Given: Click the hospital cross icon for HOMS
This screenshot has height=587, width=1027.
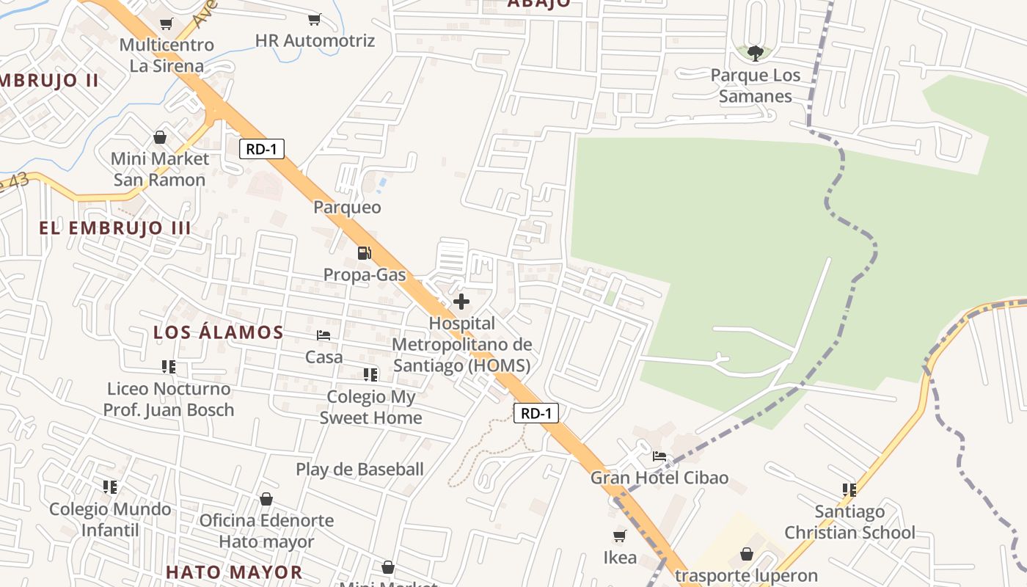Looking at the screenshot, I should click(461, 302).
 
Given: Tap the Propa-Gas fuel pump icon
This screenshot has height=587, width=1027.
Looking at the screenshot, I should click(364, 253).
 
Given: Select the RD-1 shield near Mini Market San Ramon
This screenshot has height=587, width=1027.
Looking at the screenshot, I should click(261, 149).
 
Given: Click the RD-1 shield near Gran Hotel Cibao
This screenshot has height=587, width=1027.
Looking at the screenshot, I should click(536, 413).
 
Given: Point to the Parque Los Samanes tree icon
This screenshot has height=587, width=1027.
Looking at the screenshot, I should click(755, 53).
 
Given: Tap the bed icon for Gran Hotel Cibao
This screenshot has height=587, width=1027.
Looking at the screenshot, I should click(659, 456).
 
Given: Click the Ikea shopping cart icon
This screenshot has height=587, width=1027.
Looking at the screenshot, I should click(620, 536).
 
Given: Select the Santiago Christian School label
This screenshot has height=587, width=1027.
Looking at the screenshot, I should click(849, 522).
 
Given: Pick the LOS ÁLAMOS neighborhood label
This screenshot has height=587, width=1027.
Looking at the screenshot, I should click(219, 332).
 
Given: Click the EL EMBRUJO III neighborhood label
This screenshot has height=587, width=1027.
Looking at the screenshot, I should click(115, 228).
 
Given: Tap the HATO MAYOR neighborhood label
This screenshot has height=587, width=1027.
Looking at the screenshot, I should click(234, 572).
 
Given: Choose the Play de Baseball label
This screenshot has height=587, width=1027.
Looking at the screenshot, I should click(359, 470).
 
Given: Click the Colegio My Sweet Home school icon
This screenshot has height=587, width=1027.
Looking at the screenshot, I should click(370, 375).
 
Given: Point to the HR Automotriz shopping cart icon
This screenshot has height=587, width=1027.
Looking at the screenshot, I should click(315, 19).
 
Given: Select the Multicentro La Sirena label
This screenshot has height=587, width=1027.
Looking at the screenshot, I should click(167, 55).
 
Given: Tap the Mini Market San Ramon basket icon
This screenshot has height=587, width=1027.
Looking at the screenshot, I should click(159, 137).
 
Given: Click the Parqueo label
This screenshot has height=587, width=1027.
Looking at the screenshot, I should click(347, 208).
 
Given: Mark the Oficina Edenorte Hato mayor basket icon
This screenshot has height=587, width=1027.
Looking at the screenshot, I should click(266, 499).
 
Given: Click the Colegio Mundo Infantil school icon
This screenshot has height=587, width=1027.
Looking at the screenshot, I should click(110, 487).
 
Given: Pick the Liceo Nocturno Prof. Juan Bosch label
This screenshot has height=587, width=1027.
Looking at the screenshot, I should click(169, 399).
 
